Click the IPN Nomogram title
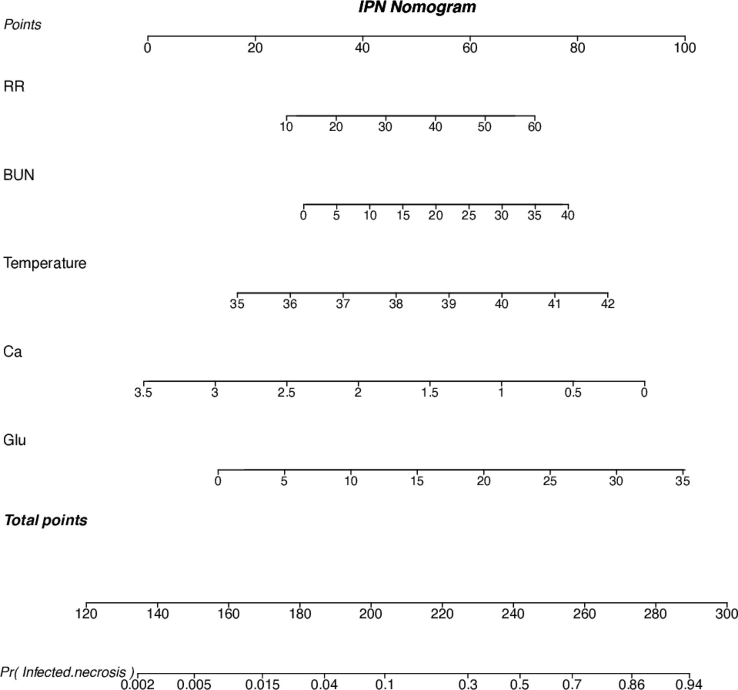(417, 7)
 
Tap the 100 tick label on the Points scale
(685, 48)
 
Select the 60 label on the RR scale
(534, 127)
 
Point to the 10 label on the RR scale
(286, 127)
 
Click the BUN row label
(19, 175)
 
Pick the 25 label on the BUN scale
(469, 215)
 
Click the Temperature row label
(45, 263)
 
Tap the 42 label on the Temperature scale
(608, 304)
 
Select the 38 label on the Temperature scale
(396, 304)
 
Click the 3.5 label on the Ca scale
(143, 393)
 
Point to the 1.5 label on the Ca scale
(429, 393)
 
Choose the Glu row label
(14, 440)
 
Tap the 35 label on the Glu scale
(682, 481)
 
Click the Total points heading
(46, 520)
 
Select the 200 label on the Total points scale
(371, 614)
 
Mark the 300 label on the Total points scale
(727, 614)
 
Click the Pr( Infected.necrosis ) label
(67, 672)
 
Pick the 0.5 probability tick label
(519, 685)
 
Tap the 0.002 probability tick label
(137, 685)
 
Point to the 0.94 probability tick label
(689, 685)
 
